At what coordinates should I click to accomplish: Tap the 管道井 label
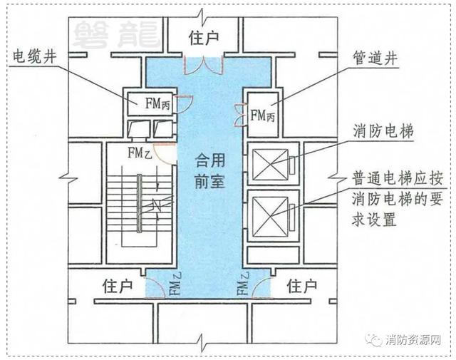click(375, 58)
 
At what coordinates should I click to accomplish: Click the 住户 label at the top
click(204, 38)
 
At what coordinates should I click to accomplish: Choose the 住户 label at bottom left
click(118, 287)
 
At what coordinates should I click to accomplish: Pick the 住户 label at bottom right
click(302, 287)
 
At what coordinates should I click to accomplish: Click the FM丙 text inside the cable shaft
click(157, 103)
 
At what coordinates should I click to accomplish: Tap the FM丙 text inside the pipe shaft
click(263, 115)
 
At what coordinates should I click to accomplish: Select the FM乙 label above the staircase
click(140, 153)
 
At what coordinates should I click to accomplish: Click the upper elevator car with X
click(270, 165)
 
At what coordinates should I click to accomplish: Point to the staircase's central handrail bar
click(140, 203)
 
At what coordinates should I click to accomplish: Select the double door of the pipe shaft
click(239, 115)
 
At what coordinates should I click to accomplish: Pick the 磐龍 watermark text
click(116, 35)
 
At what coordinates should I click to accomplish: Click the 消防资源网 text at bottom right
click(413, 340)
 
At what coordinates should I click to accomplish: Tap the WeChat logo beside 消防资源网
click(373, 340)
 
